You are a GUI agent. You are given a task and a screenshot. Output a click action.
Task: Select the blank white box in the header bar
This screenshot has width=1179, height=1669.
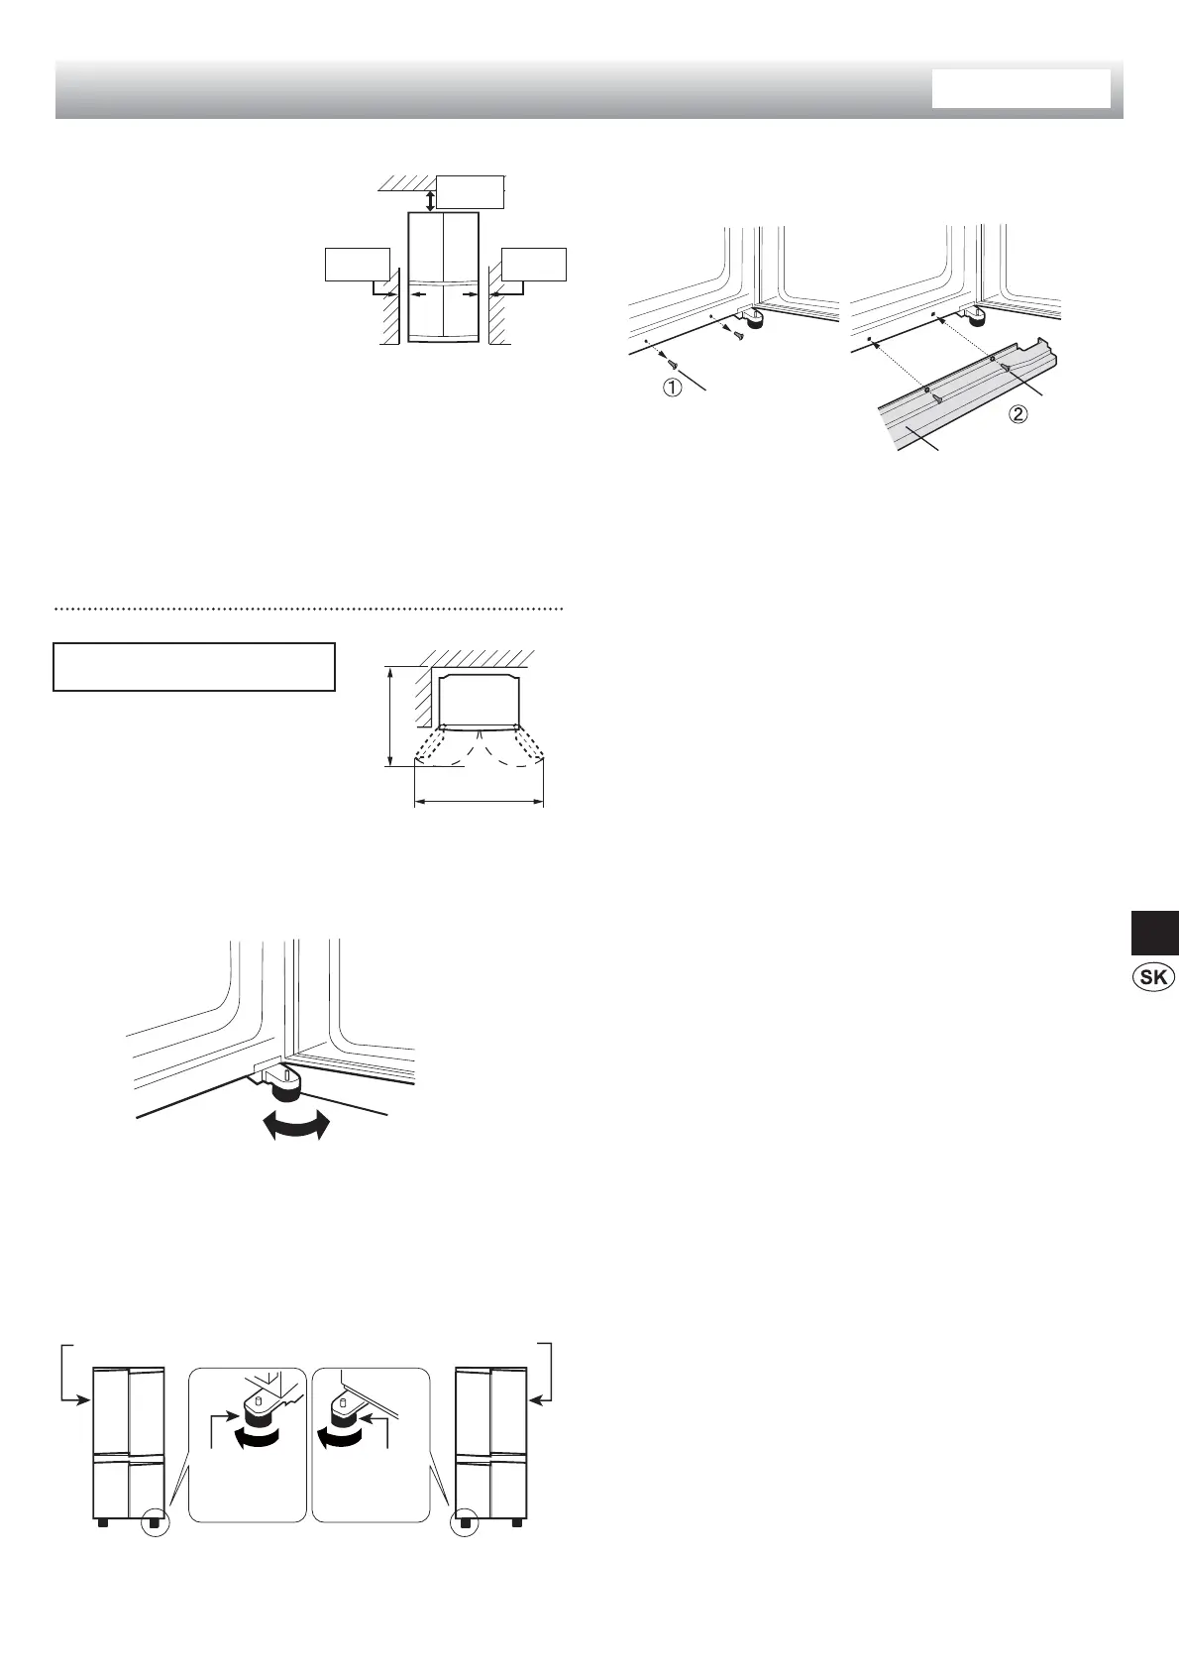1020,88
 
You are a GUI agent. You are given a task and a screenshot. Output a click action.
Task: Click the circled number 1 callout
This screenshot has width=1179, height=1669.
672,389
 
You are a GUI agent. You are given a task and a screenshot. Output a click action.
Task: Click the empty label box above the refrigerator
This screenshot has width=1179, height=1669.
471,191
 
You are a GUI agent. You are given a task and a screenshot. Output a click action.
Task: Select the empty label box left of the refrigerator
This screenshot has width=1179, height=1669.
357,263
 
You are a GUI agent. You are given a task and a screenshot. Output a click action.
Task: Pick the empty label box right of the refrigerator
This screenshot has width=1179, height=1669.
534,263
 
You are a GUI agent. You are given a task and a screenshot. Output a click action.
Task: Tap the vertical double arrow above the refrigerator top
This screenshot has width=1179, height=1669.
429,200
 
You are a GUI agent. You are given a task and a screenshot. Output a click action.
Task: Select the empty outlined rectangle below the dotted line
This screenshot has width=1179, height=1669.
194,667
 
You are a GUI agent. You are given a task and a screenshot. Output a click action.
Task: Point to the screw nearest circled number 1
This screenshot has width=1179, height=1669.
673,365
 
